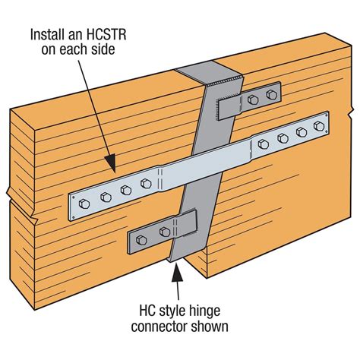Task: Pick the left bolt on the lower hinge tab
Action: (x=141, y=242)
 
